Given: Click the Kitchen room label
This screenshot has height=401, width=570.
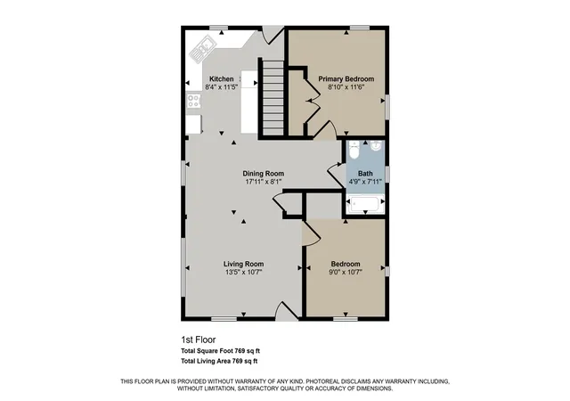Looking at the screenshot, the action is tap(222, 79).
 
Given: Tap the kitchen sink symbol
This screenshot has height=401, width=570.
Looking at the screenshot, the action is tap(202, 49).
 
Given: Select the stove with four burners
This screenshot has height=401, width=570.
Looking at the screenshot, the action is tap(193, 101).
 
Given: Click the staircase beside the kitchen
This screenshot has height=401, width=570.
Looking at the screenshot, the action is tap(273, 98).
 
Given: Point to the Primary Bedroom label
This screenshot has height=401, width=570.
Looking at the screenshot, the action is tap(346, 79).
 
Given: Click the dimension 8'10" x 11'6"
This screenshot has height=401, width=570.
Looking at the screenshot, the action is tap(346, 87).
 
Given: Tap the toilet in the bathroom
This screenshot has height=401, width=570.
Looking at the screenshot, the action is tap(354, 150).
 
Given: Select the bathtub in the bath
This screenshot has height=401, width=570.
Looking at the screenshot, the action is tap(365, 204).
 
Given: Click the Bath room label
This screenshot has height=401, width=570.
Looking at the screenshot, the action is tap(365, 174).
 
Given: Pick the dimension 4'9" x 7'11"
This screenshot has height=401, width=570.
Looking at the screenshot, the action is tap(365, 181).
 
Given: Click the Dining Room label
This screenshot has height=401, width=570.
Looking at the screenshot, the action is tap(264, 174).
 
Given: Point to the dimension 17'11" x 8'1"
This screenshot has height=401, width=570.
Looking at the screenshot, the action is tap(264, 182).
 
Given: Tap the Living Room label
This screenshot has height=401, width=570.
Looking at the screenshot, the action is tap(243, 264).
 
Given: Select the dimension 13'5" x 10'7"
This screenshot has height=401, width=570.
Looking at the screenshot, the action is tap(243, 272).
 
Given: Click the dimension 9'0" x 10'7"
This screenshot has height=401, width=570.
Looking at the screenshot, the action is tap(346, 272).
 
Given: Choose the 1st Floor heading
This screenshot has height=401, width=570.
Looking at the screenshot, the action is tap(199, 340).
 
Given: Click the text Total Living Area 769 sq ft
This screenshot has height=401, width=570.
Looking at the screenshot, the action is tap(219, 361).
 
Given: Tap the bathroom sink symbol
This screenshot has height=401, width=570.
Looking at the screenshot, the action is tap(376, 145).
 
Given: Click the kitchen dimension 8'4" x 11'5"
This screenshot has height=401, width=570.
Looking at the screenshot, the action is tap(222, 87).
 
